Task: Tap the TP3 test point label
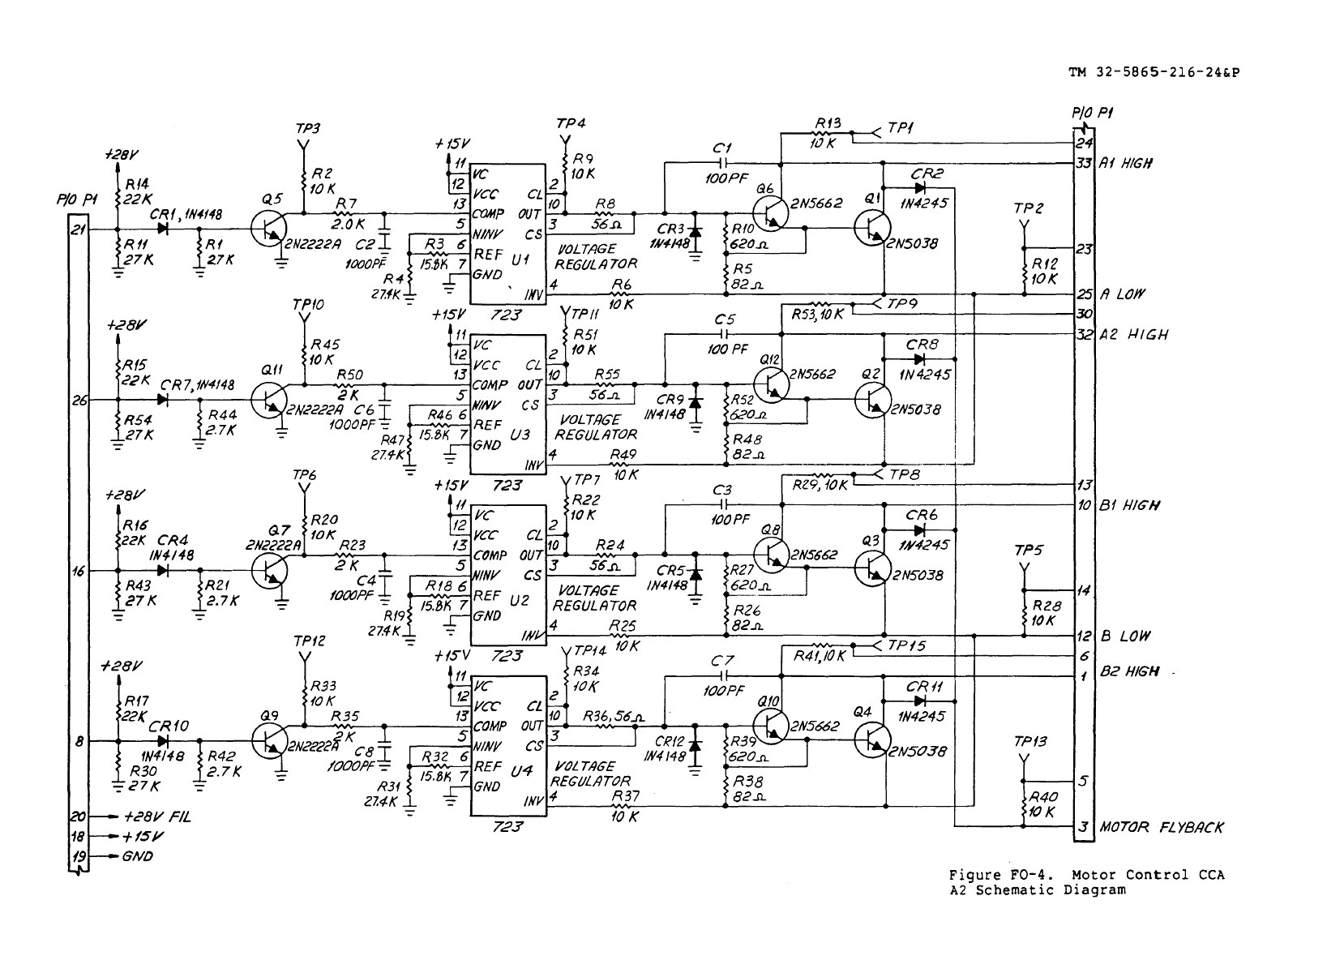(x=307, y=129)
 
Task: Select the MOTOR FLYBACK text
(x=1162, y=828)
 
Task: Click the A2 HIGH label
(x=1133, y=335)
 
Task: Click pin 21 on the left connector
(x=78, y=229)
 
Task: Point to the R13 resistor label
(x=828, y=123)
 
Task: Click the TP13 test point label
(x=1030, y=742)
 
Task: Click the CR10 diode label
(x=169, y=726)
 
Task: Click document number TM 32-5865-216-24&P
(x=1154, y=72)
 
